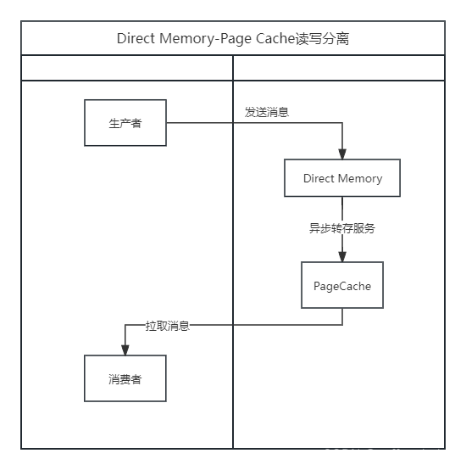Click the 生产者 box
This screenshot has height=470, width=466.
125,123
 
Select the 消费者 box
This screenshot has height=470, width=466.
125,378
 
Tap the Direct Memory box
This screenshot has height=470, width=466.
342,179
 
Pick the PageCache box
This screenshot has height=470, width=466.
342,285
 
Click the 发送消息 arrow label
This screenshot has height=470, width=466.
267,112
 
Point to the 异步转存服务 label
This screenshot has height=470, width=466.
342,228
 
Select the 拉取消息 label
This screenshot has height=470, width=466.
167,325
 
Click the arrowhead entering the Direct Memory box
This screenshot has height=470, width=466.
342,154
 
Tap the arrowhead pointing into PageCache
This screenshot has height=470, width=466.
342,256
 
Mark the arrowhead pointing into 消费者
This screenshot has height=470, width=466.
125,350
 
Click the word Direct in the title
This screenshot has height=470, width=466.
136,39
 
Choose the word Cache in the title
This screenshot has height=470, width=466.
275,39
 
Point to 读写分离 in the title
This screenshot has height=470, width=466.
323,39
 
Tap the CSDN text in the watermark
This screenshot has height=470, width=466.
342,454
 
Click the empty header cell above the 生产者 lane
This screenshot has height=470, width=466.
126,68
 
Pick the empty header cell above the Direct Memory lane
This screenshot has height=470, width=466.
339,68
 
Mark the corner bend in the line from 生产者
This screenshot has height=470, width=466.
342,123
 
